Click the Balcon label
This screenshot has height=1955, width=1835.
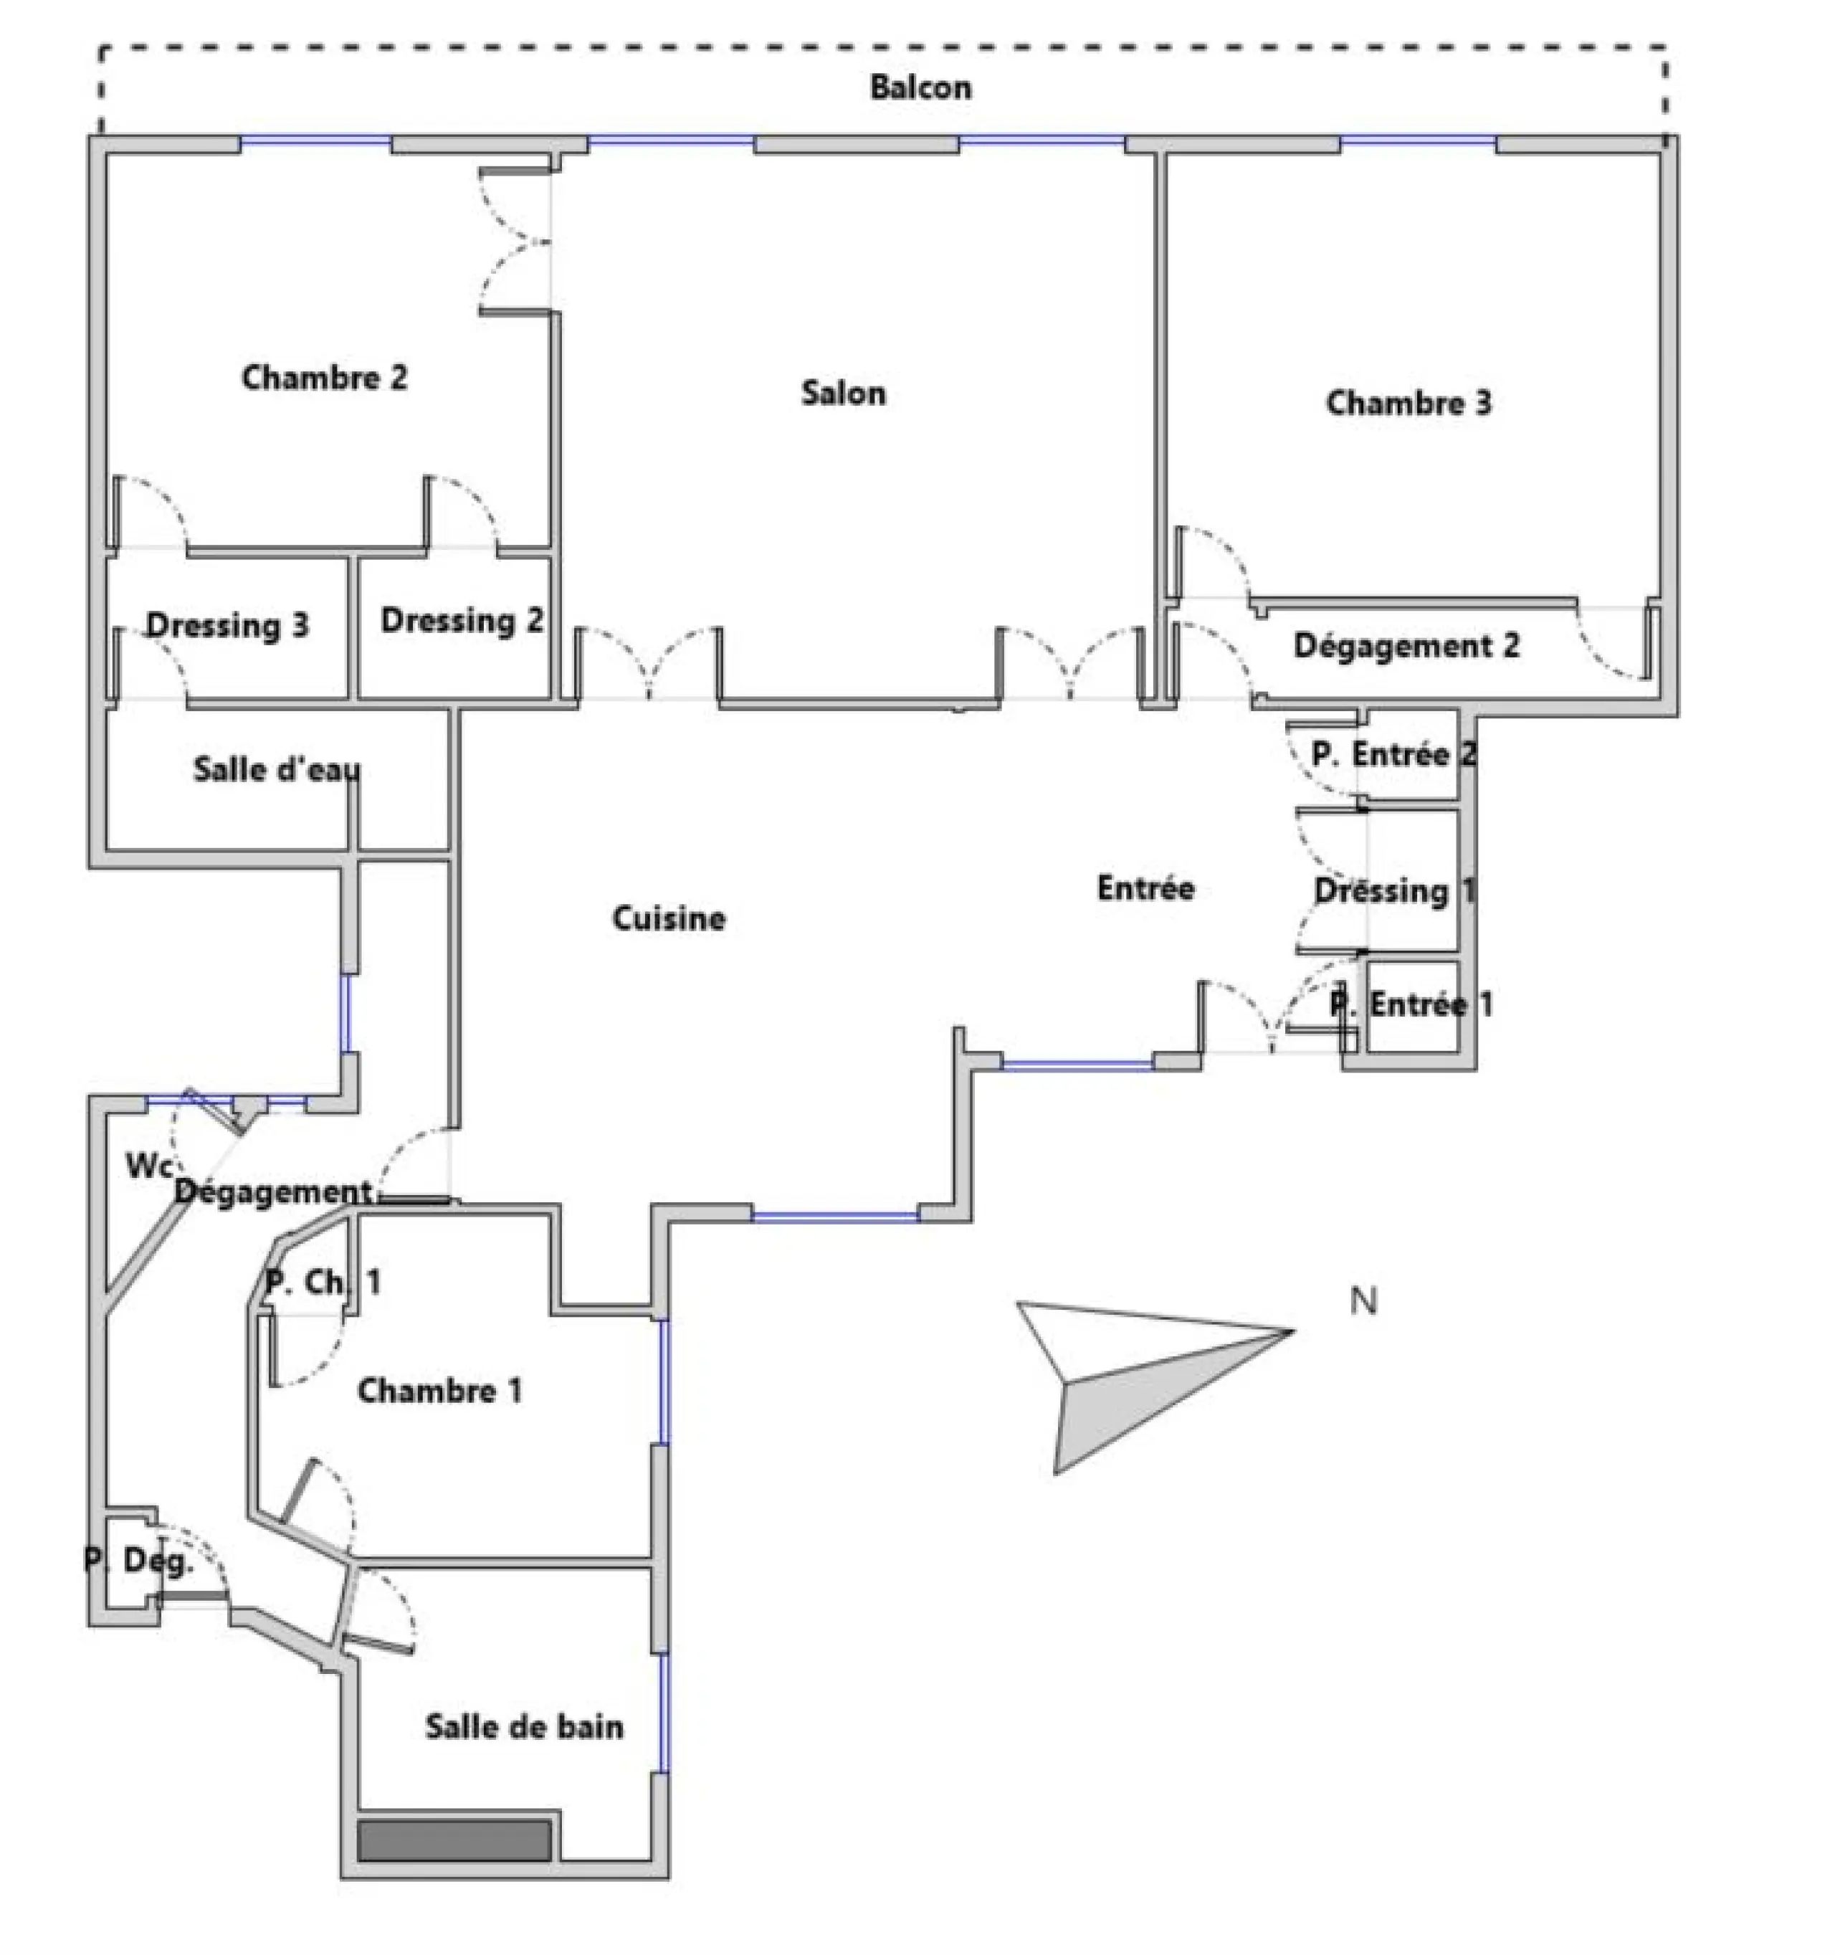[x=920, y=87]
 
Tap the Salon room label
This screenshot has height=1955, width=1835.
[x=843, y=394]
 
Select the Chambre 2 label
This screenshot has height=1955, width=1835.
[x=325, y=378]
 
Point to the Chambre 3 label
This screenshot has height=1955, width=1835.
[x=1409, y=403]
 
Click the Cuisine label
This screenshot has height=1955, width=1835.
[x=669, y=918]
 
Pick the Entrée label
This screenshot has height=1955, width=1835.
[x=1145, y=888]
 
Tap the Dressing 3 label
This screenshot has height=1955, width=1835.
[x=227, y=625]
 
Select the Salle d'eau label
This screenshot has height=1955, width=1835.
[x=277, y=769]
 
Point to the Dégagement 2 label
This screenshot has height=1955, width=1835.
[x=1406, y=646]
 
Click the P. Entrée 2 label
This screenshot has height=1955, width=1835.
[x=1394, y=755]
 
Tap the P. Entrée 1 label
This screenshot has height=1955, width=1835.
[x=1411, y=1005]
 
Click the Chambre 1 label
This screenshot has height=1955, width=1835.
[x=439, y=1391]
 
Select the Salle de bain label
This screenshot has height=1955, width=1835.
[x=524, y=1727]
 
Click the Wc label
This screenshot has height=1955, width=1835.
[x=148, y=1166]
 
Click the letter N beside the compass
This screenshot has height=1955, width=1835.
[x=1363, y=1301]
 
